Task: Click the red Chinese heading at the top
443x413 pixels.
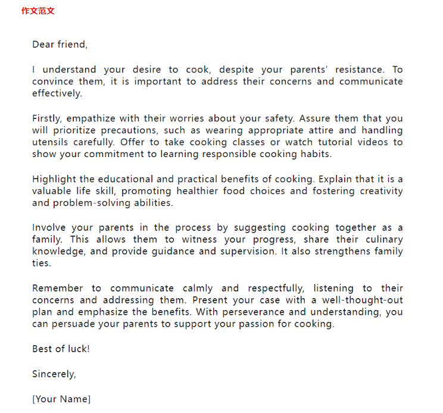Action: pos(38,11)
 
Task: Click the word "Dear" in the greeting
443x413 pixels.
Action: pos(43,45)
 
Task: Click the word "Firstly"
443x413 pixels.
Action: pos(46,118)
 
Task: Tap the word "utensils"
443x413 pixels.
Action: pos(51,142)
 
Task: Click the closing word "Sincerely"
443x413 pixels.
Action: pos(54,374)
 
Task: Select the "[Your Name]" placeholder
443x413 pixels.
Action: pos(61,399)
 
